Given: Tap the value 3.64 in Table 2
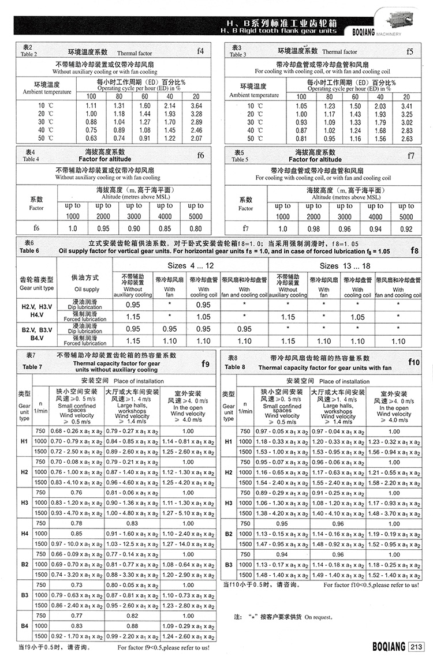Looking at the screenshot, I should pos(196,106).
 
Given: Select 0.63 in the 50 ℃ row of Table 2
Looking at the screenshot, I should pos(91,138).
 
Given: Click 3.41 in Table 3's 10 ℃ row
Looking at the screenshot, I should pos(406,106).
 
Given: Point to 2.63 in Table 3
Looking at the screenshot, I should pos(406,138).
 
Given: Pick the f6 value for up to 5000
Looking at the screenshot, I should pos(196,228).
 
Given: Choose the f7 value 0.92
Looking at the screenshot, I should pos(406,228).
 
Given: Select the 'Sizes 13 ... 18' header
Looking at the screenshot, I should pos(345,266).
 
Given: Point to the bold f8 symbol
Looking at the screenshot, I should pos(414,251).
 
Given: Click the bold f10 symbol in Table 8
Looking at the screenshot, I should pos(413,362).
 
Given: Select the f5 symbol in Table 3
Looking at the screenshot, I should pos(409,51).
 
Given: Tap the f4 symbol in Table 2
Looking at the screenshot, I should pos(200,51).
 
